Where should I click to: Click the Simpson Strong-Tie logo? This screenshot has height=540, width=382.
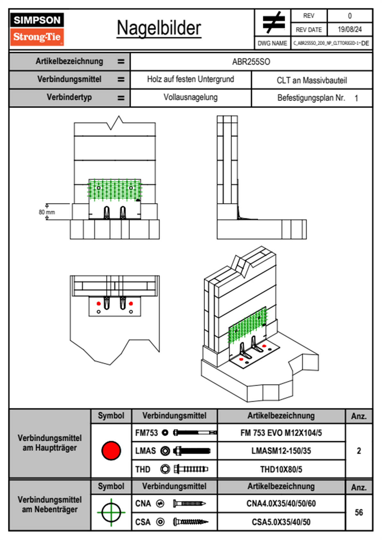point(37,29)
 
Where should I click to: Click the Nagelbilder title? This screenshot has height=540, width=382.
point(159,28)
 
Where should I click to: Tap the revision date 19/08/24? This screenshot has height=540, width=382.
point(350,30)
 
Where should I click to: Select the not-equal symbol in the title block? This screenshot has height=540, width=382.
point(273,22)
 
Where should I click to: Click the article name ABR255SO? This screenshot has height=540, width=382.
point(251,62)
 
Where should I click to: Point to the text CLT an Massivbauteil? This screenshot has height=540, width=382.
point(312,80)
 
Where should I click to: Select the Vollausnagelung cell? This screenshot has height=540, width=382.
point(190,97)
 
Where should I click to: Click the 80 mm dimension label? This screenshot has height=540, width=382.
point(47,212)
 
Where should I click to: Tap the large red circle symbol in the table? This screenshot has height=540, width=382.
point(111,450)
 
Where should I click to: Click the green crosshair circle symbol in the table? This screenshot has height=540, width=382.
point(111,512)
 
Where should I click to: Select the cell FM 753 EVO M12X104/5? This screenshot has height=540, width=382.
point(281,433)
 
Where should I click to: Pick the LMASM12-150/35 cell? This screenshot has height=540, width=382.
point(281,451)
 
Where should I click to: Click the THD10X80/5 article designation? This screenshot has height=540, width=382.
point(281,469)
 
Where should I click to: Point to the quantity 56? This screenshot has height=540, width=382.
point(359,512)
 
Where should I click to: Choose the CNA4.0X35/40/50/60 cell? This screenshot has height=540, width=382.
point(281,503)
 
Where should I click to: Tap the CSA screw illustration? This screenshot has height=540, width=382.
point(190,522)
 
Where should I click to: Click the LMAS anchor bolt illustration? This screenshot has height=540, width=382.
point(192,451)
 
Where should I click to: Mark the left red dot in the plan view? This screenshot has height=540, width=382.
point(99,304)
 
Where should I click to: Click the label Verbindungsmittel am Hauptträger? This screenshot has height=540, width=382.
point(50,443)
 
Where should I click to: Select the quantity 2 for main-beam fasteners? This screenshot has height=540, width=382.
point(359,451)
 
